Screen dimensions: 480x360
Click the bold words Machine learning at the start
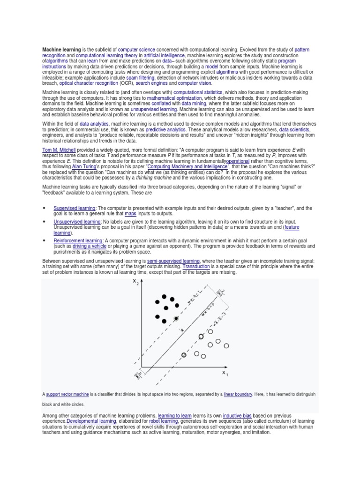coord(61,49)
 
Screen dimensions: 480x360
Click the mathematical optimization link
coord(174,98)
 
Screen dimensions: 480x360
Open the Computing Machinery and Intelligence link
coord(188,166)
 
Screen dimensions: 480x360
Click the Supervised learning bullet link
coord(75,208)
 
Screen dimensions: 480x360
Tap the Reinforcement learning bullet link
coord(77,240)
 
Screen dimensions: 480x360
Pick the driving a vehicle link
coord(86,246)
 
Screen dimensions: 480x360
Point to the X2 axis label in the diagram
coord(136,282)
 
